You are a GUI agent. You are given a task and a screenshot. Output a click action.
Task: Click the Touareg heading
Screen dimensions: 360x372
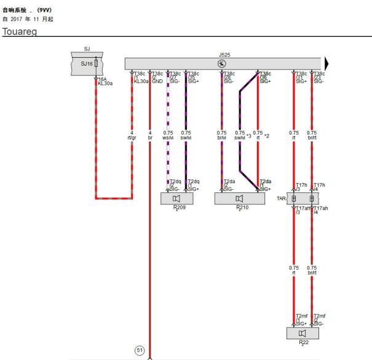(20, 31)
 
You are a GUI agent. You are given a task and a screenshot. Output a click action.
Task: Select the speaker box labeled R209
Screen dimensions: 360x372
(176, 198)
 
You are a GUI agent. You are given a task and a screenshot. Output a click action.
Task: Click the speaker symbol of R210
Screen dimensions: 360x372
(239, 198)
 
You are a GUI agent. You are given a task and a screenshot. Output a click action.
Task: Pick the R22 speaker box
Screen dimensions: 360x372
(302, 333)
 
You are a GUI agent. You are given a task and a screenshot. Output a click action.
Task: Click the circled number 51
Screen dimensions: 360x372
(140, 350)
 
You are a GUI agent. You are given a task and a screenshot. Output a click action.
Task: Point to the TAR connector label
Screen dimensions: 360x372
(281, 198)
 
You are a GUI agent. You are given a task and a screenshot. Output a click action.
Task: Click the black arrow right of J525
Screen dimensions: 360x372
(326, 63)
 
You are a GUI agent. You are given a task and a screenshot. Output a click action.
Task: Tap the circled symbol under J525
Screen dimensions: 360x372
(222, 63)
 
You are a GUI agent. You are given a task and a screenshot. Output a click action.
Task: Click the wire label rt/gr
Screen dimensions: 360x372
(132, 136)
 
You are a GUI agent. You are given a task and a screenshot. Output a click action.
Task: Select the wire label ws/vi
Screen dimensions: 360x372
(168, 136)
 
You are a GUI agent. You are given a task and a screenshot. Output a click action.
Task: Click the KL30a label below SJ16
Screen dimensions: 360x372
(105, 83)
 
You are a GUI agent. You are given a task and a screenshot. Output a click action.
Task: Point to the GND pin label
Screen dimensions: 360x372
(157, 81)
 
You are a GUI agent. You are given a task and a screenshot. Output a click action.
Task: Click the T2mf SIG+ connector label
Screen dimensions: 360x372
(301, 320)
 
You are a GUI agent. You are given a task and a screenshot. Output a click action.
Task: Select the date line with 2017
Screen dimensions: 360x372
(28, 19)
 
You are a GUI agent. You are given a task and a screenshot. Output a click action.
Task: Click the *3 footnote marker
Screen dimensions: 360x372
(249, 135)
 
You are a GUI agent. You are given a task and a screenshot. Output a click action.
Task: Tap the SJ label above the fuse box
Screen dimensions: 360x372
(87, 48)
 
